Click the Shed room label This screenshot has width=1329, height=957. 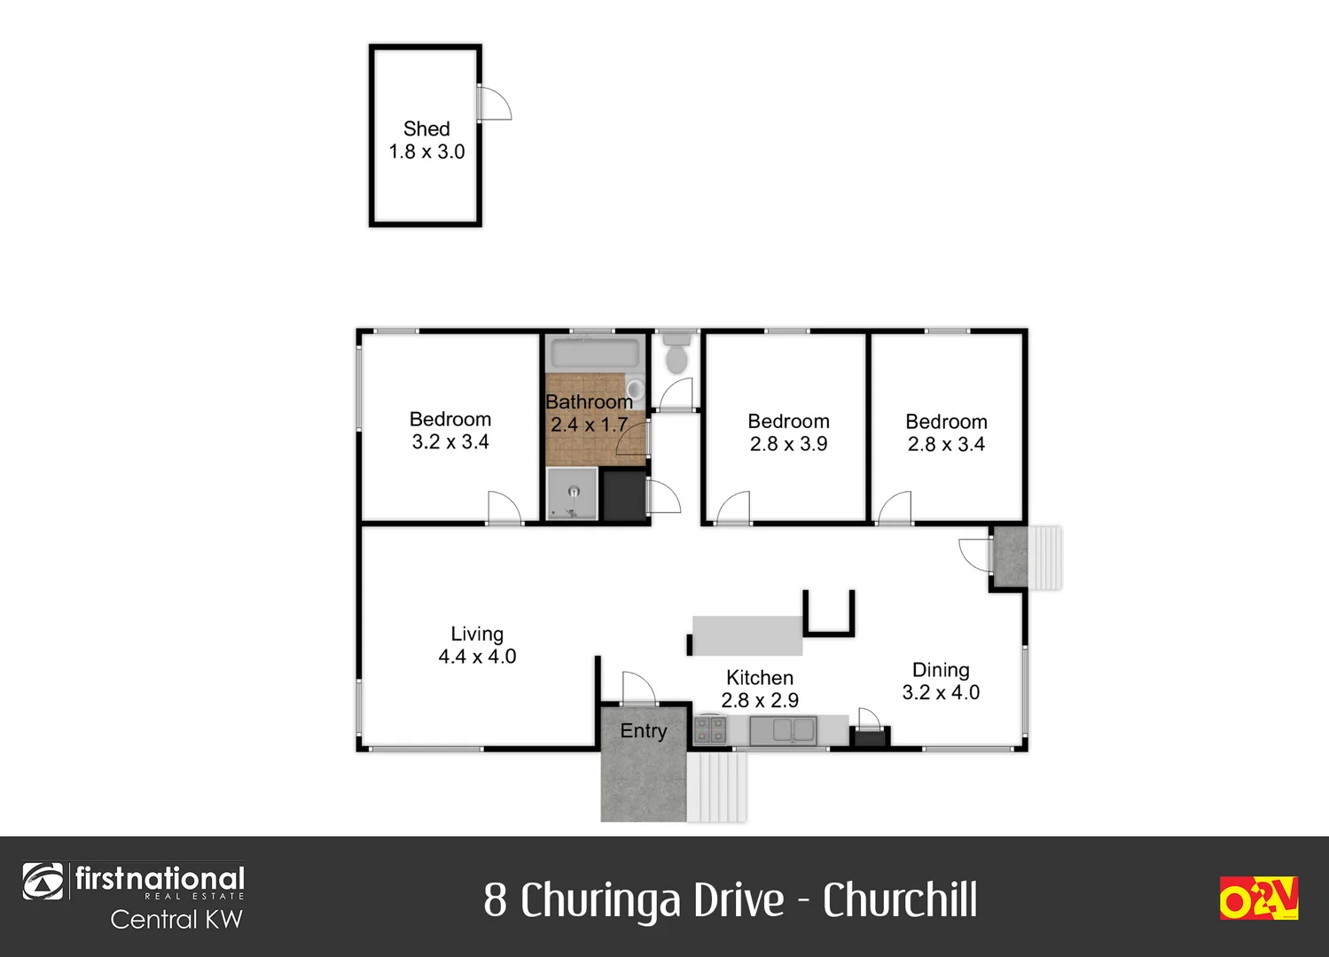[x=426, y=129]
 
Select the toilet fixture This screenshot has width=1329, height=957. [x=677, y=353]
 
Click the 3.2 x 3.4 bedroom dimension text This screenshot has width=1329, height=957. [x=450, y=442]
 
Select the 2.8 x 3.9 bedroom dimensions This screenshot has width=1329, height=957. [x=788, y=444]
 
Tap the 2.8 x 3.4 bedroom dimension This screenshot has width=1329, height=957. [x=946, y=444]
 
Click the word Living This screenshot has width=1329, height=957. [x=477, y=634]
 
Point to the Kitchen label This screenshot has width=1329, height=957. [x=760, y=678]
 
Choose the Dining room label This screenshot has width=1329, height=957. [x=941, y=670]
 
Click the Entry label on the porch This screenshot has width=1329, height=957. [x=644, y=731]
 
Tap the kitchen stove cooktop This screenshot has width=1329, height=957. [x=710, y=730]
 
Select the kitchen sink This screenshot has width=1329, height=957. [x=783, y=730]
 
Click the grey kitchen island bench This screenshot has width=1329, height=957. [x=747, y=635]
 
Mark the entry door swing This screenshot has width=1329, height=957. [x=637, y=688]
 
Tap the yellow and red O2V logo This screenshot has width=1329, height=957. [x=1258, y=898]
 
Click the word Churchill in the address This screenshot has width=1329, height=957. [x=900, y=900]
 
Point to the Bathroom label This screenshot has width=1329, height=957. [x=589, y=402]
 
